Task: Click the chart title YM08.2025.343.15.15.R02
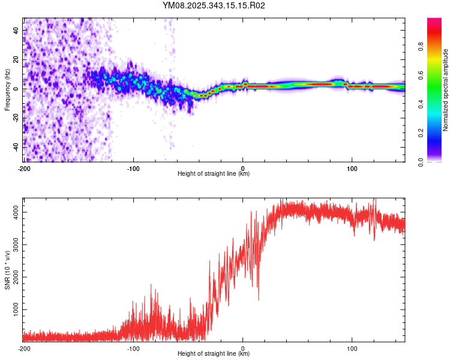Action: pyautogui.click(x=214, y=6)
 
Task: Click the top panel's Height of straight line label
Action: pyautogui.click(x=214, y=173)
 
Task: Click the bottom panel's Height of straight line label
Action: pyautogui.click(x=214, y=353)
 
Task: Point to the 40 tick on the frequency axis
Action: pyautogui.click(x=17, y=30)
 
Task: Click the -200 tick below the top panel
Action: pyautogui.click(x=24, y=168)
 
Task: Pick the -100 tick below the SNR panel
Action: pyautogui.click(x=133, y=348)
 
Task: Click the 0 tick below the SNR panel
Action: pyautogui.click(x=243, y=348)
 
